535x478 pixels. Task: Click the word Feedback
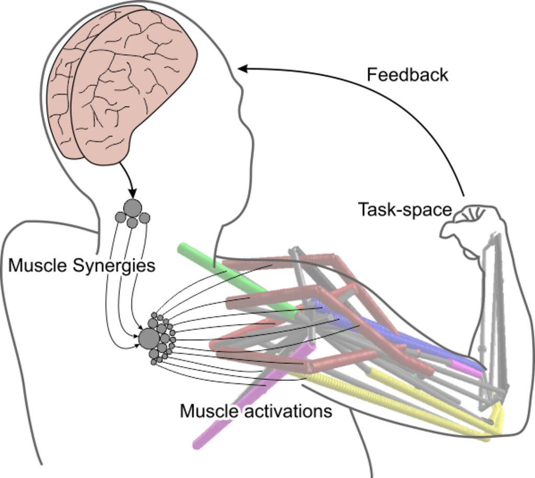pyautogui.click(x=407, y=75)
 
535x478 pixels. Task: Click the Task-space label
pyautogui.click(x=404, y=209)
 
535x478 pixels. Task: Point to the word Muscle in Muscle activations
pyautogui.click(x=207, y=411)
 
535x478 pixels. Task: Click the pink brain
pyautogui.click(x=120, y=84)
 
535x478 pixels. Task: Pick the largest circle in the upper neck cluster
pyautogui.click(x=132, y=207)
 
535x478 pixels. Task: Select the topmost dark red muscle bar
pyautogui.click(x=277, y=262)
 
